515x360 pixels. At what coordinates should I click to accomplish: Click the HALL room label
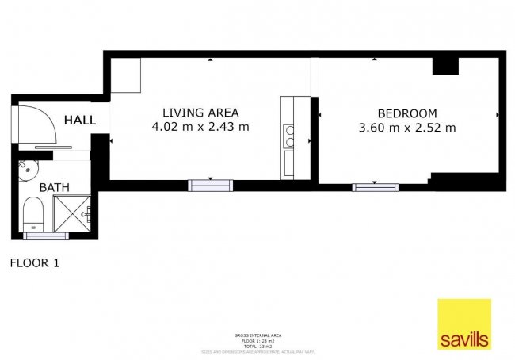(x=80, y=121)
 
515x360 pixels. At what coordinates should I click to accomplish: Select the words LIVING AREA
(x=200, y=112)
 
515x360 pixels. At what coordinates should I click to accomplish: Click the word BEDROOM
(x=406, y=113)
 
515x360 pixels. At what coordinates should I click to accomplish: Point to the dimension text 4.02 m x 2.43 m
(x=200, y=127)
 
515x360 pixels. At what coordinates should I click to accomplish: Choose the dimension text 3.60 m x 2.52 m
(x=406, y=128)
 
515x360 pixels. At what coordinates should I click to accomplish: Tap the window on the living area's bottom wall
(x=210, y=186)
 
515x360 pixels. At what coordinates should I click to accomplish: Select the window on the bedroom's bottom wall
(x=376, y=187)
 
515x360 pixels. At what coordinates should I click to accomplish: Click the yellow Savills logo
(x=464, y=324)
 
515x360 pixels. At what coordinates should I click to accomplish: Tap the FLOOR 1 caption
(x=33, y=262)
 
